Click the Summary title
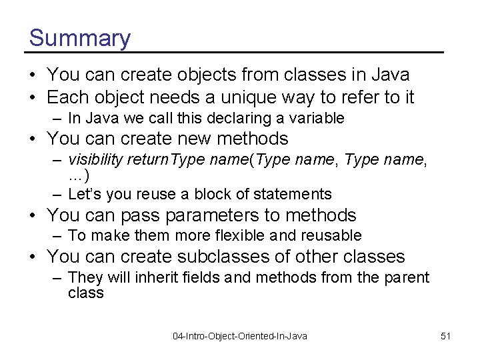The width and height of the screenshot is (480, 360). [80, 38]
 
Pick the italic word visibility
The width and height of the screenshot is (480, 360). [95, 159]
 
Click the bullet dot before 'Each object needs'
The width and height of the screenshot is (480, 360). [33, 98]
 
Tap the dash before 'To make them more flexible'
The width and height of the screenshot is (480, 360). [58, 236]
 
